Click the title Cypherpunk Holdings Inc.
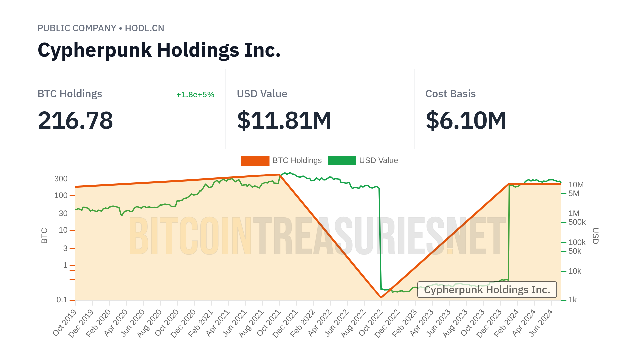[x=159, y=50]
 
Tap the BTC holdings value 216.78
[x=75, y=120]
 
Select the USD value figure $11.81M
[x=284, y=120]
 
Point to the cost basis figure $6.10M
[x=466, y=120]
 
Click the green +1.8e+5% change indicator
[x=195, y=95]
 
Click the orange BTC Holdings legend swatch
[x=255, y=161]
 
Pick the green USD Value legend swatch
[x=342, y=161]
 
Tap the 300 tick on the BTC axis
[x=61, y=179]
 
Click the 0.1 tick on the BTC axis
[x=62, y=300]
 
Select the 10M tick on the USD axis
[x=576, y=185]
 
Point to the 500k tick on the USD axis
[x=577, y=222]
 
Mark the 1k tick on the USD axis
[x=573, y=300]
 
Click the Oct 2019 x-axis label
[x=65, y=323]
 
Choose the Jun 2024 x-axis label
[x=541, y=323]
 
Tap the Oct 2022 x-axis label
[x=371, y=323]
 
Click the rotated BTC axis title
[x=44, y=236]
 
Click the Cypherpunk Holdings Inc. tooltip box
[x=487, y=290]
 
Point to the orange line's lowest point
[x=381, y=297]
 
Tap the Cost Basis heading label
[x=450, y=94]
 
